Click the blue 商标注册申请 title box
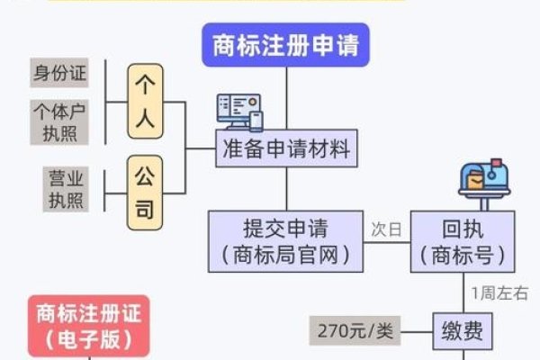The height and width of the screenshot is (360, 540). pos(286,45)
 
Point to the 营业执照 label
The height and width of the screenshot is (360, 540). pos(64,187)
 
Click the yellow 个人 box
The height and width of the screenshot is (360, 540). pos(147,100)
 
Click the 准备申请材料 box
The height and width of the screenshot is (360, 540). pos(286,149)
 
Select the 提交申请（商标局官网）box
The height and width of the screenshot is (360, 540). pos(286,240)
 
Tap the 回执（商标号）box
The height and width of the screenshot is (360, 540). pos(463,240)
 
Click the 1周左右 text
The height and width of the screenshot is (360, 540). pos(499,293)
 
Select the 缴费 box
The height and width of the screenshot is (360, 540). pos(463,331)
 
